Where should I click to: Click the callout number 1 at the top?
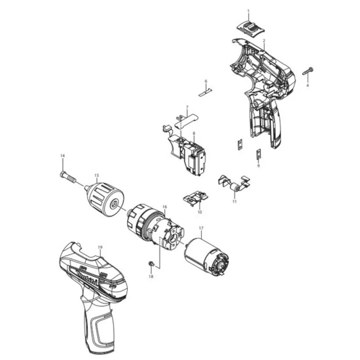pyautogui.click(x=249, y=11)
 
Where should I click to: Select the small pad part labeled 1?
pyautogui.click(x=249, y=26)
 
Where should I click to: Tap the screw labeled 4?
pyautogui.click(x=308, y=73)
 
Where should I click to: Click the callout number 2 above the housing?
pyautogui.click(x=265, y=40)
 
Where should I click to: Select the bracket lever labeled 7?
pyautogui.click(x=186, y=121)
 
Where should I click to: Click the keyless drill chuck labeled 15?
pyautogui.click(x=106, y=197)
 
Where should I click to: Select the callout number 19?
pyautogui.click(x=100, y=247)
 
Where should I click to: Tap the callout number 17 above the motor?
pyautogui.click(x=202, y=228)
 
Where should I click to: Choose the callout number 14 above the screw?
pyautogui.click(x=62, y=157)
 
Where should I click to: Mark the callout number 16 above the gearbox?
pyautogui.click(x=164, y=206)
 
